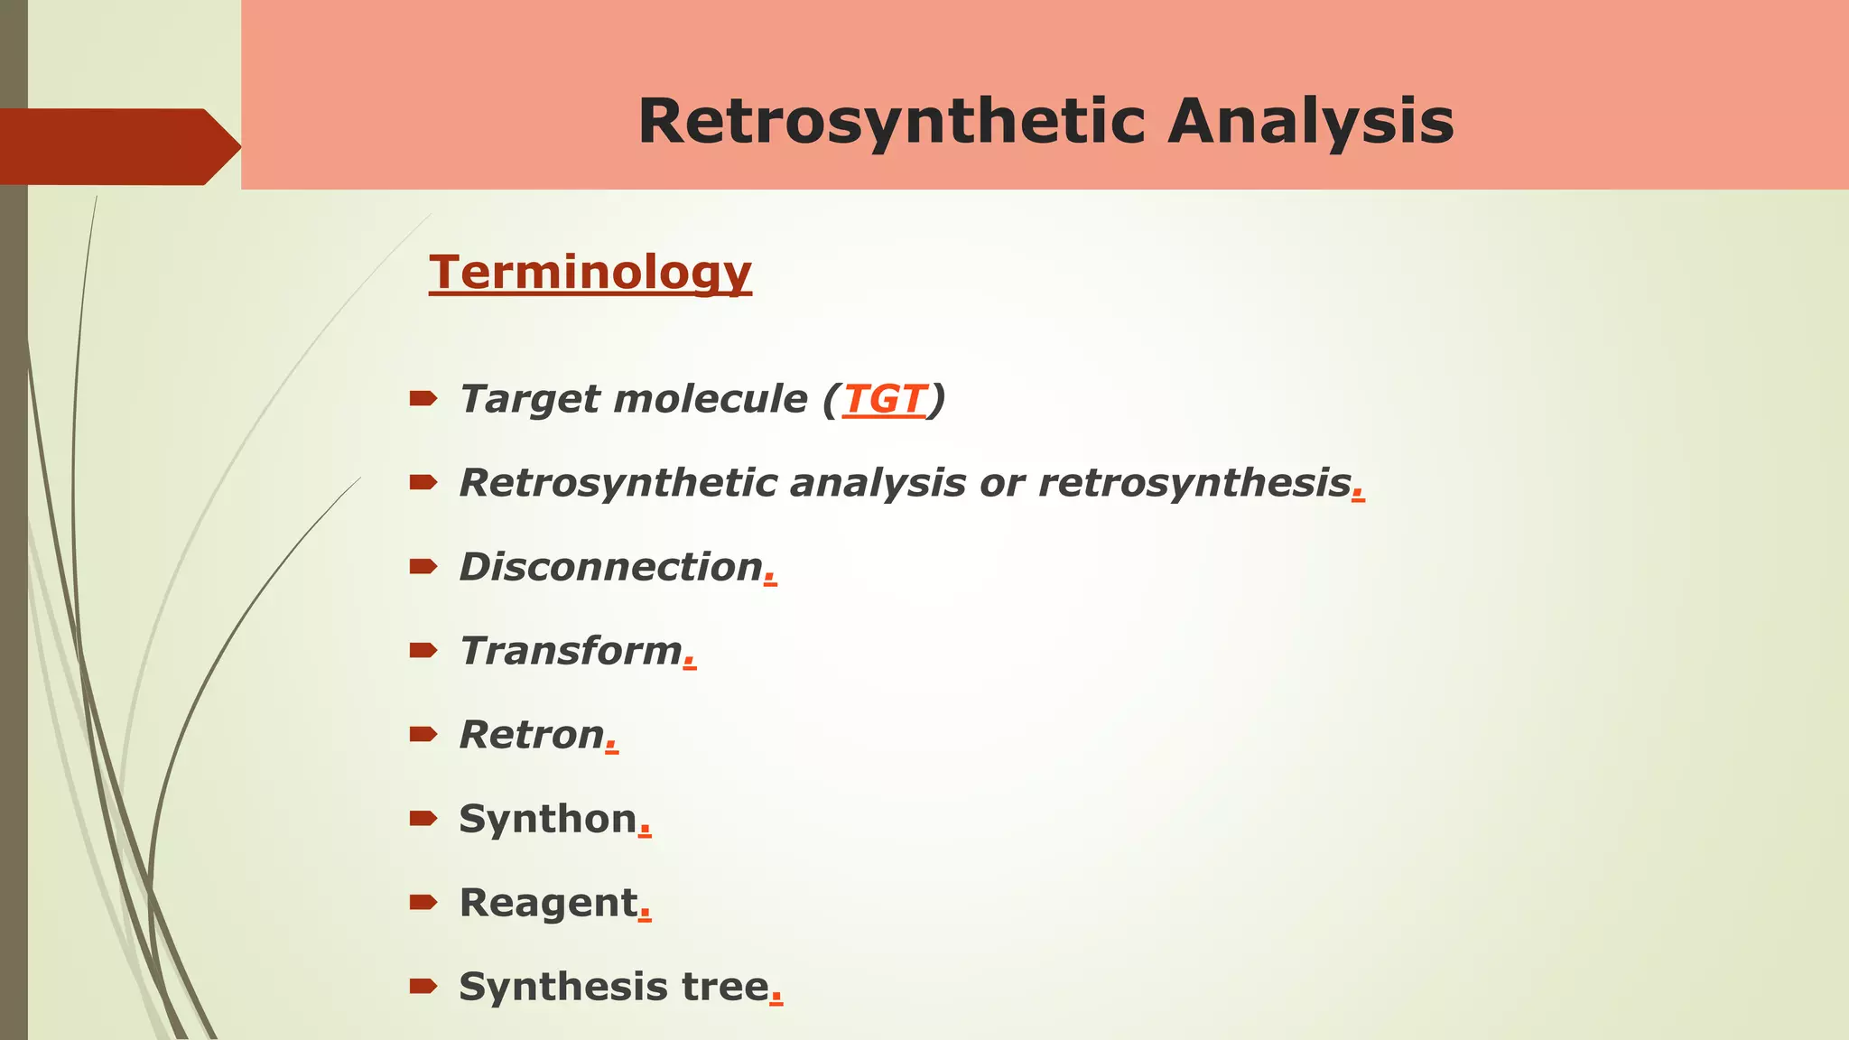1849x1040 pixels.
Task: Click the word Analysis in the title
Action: coord(1310,122)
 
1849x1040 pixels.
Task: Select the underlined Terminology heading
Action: coord(590,272)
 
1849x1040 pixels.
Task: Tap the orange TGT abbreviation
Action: coord(884,399)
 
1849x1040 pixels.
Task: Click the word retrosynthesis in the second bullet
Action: coord(1194,483)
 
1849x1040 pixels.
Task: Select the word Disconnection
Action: coord(611,567)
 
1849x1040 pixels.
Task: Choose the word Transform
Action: coord(571,651)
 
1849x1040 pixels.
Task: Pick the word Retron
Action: coord(532,735)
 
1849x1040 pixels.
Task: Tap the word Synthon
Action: coord(548,819)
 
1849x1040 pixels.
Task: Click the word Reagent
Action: coord(548,903)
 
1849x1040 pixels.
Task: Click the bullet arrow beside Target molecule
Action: coord(423,398)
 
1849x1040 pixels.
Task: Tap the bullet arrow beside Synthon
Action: coord(423,818)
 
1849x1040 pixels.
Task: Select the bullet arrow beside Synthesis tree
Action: coord(423,986)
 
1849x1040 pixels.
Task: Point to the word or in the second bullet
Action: coord(1002,484)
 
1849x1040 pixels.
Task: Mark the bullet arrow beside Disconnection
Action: coord(423,566)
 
